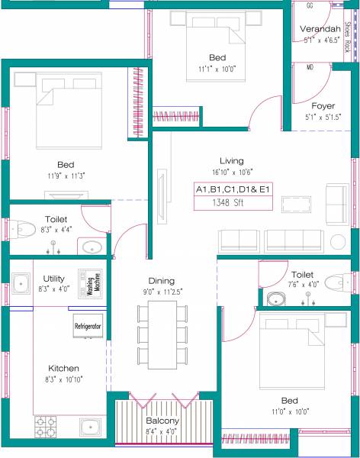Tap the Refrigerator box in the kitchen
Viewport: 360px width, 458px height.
click(88, 326)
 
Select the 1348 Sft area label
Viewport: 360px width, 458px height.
click(232, 203)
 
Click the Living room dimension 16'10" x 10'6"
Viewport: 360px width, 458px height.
click(232, 172)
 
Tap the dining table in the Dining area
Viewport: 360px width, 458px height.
click(162, 334)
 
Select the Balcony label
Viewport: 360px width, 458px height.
click(162, 421)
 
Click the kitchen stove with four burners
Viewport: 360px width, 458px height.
click(47, 425)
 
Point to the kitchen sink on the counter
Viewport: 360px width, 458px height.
click(91, 426)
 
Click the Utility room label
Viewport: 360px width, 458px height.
click(54, 279)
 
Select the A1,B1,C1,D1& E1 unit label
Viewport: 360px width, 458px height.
click(232, 189)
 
